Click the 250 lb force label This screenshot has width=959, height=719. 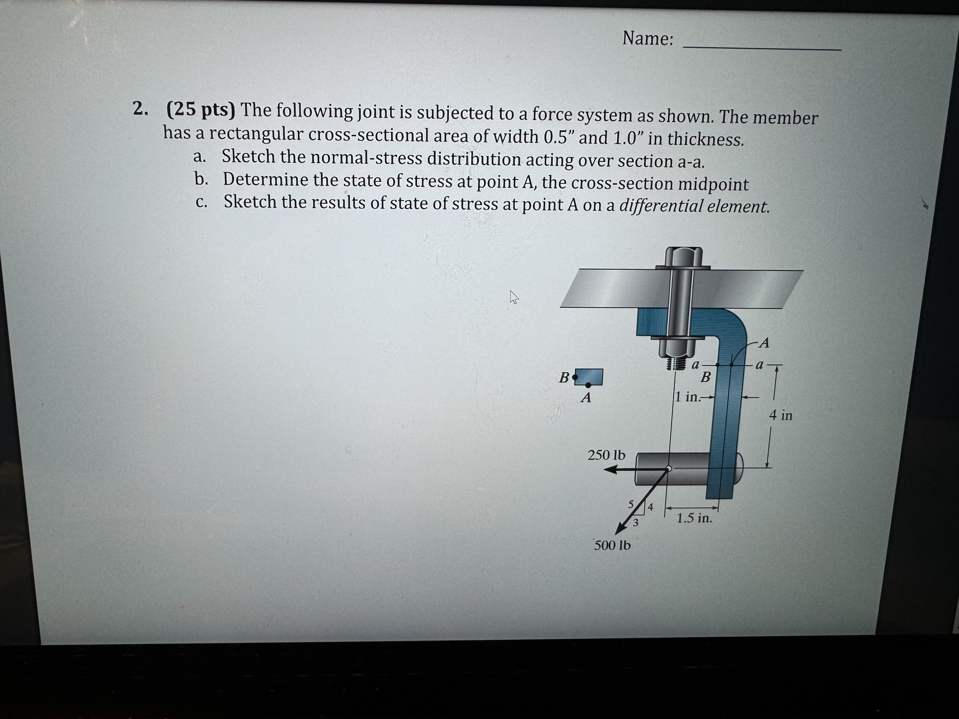(x=607, y=455)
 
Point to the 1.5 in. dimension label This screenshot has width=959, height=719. (x=695, y=518)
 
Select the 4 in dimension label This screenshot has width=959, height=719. (x=780, y=415)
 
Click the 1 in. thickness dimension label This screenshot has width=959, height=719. (x=688, y=397)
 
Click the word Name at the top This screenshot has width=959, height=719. (x=648, y=39)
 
